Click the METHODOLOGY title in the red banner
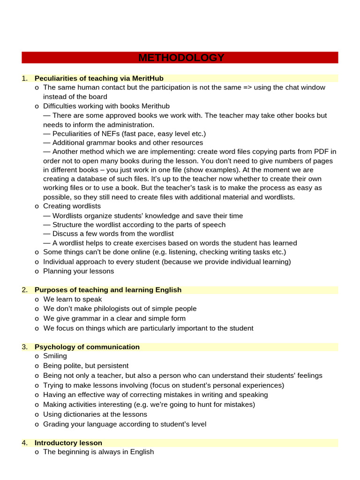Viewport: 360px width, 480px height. pyautogui.click(x=181, y=58)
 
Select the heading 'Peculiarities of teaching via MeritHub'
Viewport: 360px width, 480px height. pyautogui.click(x=99, y=78)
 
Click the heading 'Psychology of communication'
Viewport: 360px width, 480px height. pyautogui.click(x=87, y=347)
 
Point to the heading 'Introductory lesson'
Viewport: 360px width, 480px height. pyautogui.click(x=68, y=443)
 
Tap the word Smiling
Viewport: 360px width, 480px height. pyautogui.click(x=55, y=356)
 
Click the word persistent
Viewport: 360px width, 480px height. pyautogui.click(x=113, y=366)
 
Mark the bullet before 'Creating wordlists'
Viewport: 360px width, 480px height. pyautogui.click(x=37, y=206)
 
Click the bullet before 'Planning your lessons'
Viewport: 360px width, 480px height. pyautogui.click(x=37, y=271)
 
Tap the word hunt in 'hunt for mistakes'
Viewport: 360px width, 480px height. pyautogui.click(x=196, y=405)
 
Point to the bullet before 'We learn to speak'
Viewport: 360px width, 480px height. pyautogui.click(x=37, y=300)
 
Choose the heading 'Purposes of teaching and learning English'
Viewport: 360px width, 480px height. pyautogui.click(x=108, y=290)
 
